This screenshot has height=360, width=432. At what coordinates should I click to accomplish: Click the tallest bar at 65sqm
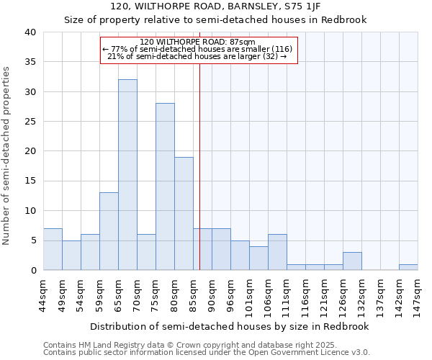click(127, 175)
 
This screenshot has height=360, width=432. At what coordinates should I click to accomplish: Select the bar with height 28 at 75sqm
click(165, 186)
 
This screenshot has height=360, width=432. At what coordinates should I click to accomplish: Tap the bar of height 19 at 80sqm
click(184, 213)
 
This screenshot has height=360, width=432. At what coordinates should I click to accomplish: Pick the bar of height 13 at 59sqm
click(109, 231)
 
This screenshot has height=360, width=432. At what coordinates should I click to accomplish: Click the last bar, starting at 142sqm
click(408, 267)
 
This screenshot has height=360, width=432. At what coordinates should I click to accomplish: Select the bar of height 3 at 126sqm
click(352, 261)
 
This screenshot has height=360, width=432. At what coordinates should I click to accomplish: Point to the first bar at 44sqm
click(53, 249)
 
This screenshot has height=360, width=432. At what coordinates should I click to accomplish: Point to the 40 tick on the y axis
click(30, 32)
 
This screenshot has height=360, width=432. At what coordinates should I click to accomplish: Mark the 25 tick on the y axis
click(30, 122)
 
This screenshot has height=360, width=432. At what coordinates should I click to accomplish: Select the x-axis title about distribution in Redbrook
click(230, 326)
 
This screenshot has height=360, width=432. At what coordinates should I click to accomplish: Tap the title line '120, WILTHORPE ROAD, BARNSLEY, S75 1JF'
click(215, 6)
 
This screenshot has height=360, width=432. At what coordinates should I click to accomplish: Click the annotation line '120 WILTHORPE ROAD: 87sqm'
click(198, 42)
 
